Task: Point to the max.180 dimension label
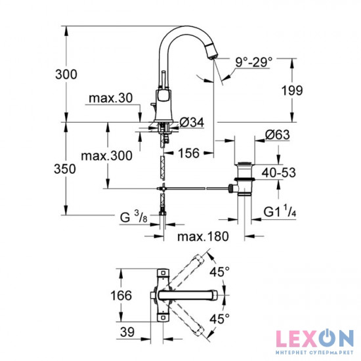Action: point(198,235)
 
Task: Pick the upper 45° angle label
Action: point(220,270)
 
